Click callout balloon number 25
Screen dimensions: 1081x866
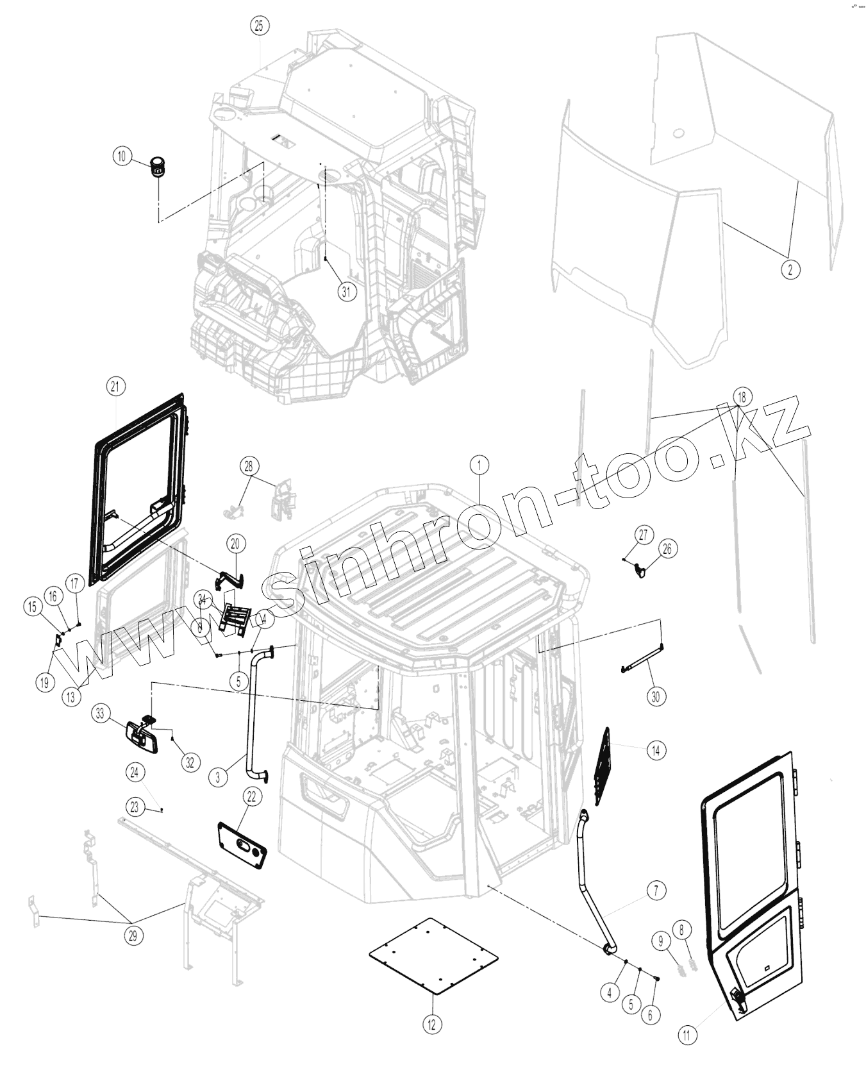259,26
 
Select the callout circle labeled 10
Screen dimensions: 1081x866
122,156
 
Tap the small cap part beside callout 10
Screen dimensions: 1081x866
157,167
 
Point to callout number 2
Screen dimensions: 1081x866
790,270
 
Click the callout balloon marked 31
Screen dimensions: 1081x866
347,292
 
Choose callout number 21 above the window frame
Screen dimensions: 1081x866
115,386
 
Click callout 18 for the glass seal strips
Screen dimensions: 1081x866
742,397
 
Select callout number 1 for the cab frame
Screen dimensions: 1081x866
479,464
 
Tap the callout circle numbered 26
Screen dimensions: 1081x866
667,549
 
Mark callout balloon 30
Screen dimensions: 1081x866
655,696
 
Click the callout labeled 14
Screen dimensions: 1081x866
656,750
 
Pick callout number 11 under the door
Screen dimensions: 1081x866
687,1035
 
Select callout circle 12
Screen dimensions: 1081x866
431,1024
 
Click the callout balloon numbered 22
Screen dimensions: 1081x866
251,796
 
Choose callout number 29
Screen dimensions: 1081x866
133,935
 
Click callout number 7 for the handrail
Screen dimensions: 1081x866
656,890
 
